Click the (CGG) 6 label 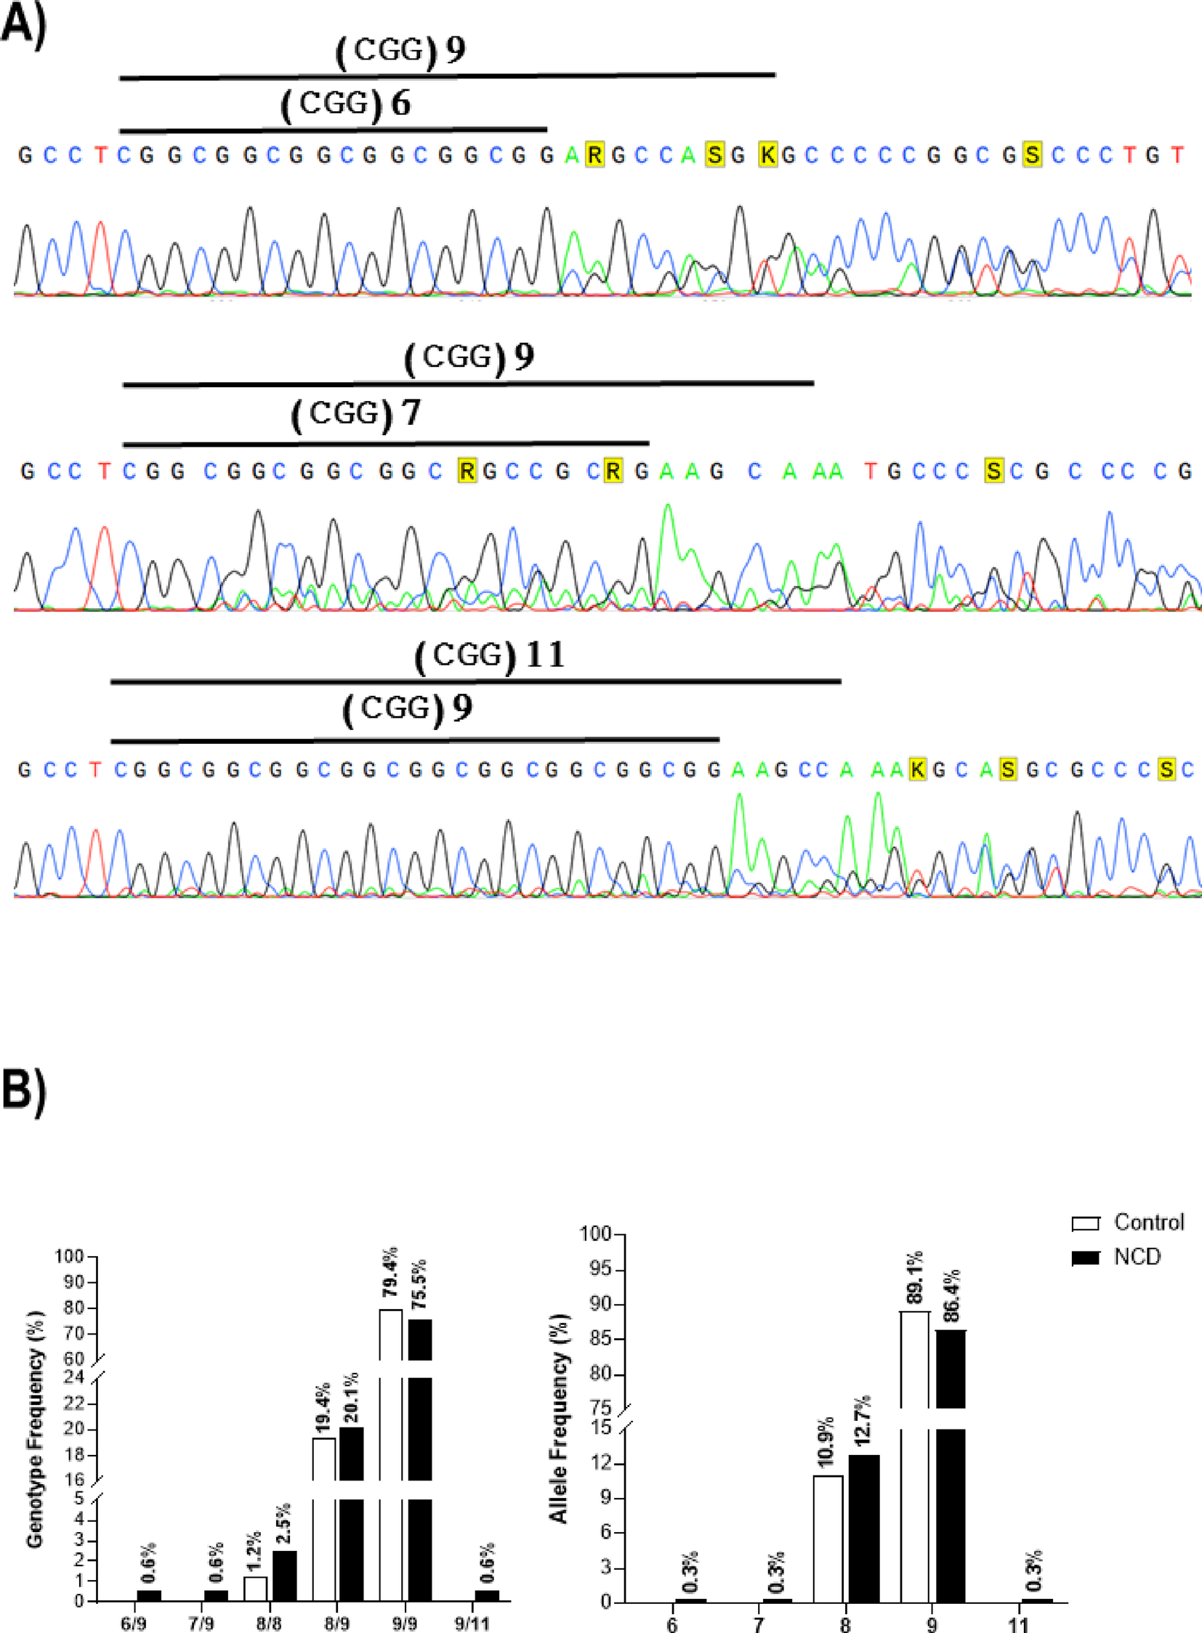[345, 105]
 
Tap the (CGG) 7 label [355, 414]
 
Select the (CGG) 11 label [490, 655]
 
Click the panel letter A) [23, 25]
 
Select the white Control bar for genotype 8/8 [255, 1589]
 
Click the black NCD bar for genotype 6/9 [149, 1596]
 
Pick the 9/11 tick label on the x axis [472, 1624]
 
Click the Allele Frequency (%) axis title [558, 1419]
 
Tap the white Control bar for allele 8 [828, 1539]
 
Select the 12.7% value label [863, 1423]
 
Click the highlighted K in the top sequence [767, 155]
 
